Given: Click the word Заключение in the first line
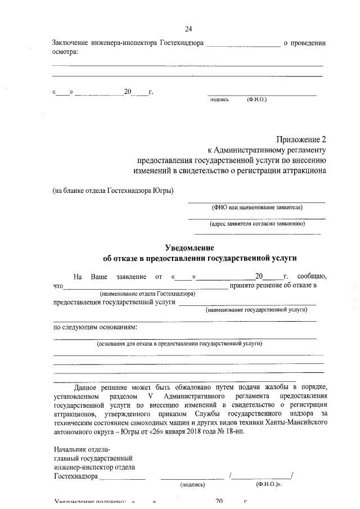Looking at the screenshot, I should tap(71, 43).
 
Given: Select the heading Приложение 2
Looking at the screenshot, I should tap(300, 139).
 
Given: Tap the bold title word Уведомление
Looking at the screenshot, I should tap(189, 247).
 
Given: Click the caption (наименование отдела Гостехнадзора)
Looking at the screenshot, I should tap(147, 294).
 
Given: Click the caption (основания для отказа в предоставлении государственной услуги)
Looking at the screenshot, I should tap(179, 343).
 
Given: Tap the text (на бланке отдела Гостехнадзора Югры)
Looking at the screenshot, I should tap(112, 190).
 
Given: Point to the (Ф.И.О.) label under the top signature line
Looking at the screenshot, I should tap(256, 100).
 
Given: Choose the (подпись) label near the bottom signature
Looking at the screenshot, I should tap(192, 484).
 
